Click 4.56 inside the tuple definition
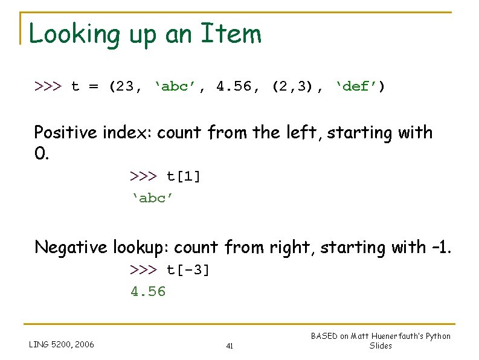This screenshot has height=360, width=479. coord(235,86)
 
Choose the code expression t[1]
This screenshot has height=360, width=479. coord(184,176)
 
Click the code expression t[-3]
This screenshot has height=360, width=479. coord(188,270)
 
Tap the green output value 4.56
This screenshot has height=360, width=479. coord(148,292)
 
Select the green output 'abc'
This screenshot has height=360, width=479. coord(153,198)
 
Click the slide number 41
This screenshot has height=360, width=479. coord(230,346)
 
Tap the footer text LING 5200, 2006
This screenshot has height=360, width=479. coord(62,345)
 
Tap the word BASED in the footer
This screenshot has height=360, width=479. coord(324,336)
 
